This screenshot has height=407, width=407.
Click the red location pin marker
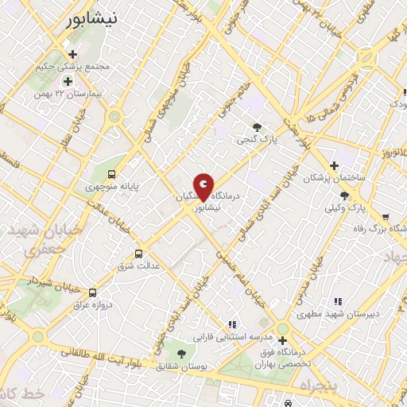(204, 188)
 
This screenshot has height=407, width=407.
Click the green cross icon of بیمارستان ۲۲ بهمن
(68, 81)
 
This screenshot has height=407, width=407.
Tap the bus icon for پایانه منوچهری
(111, 174)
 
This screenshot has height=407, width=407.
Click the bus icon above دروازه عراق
(93, 293)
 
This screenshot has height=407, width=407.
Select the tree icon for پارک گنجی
(256, 126)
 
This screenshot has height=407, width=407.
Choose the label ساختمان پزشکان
(335, 178)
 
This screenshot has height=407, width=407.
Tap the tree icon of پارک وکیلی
(343, 195)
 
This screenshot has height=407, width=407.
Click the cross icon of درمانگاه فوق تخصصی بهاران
(282, 341)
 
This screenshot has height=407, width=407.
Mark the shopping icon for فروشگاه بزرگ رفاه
(386, 216)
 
